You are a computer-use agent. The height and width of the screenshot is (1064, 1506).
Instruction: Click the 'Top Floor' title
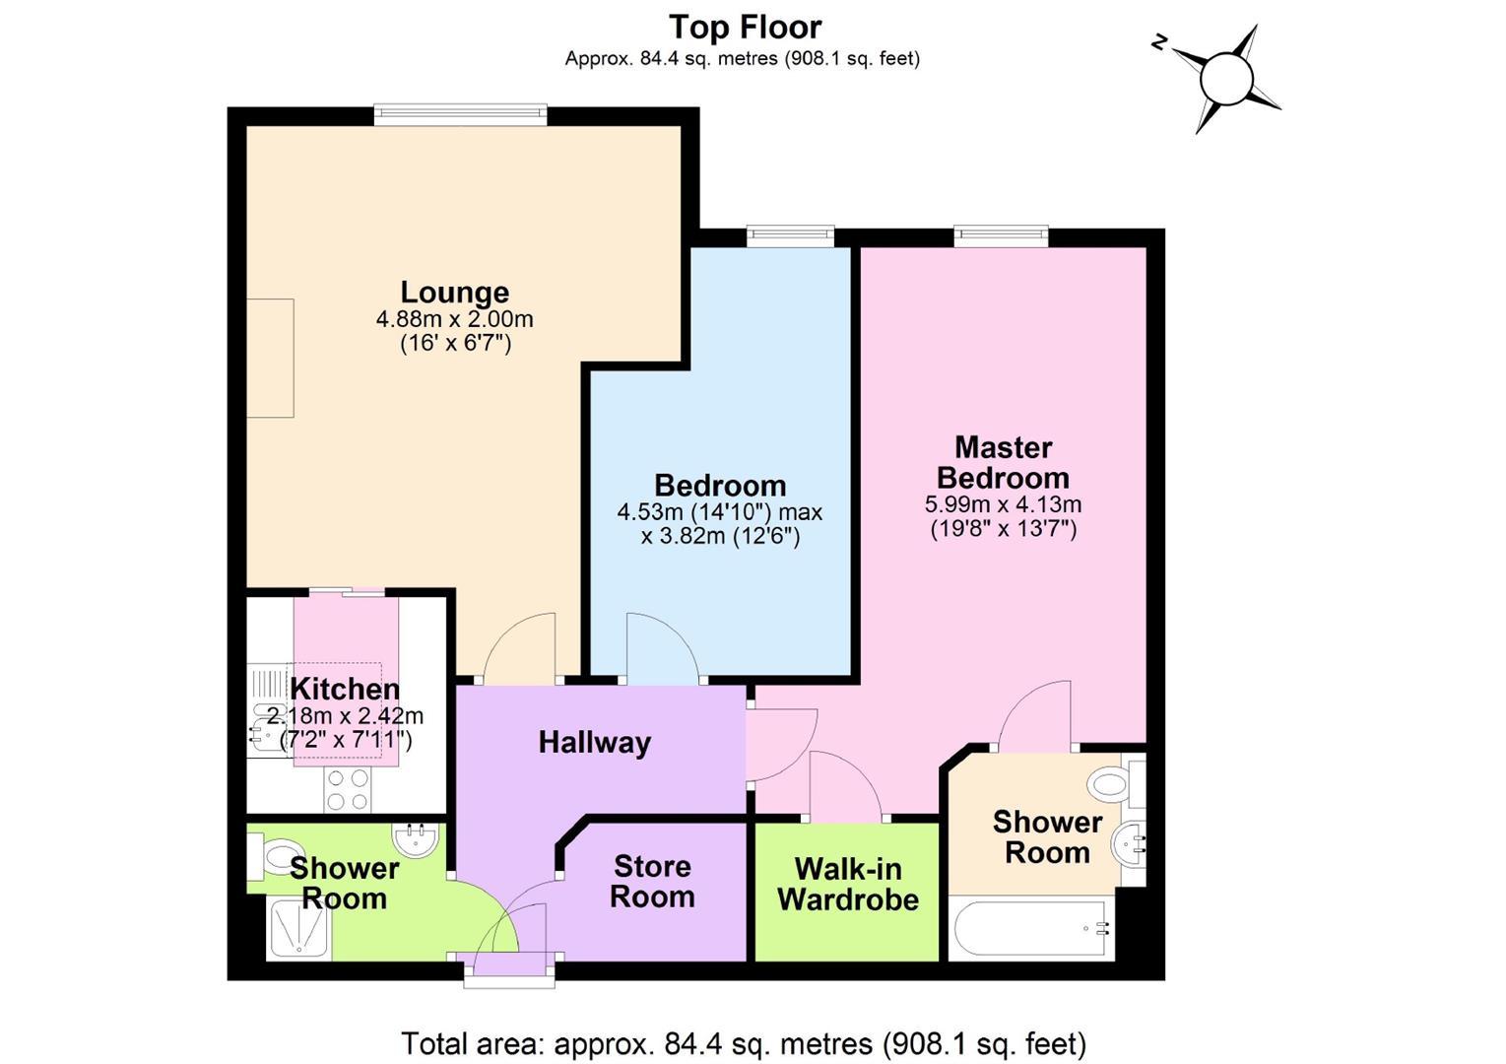(745, 28)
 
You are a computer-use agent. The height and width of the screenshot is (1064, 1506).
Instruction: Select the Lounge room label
(454, 293)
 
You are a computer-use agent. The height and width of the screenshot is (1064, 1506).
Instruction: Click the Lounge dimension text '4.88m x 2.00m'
(454, 319)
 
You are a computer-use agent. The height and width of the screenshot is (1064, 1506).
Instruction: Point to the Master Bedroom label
(1003, 463)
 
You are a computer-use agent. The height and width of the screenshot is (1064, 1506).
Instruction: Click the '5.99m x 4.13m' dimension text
(1003, 504)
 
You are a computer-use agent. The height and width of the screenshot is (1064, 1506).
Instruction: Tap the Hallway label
(595, 743)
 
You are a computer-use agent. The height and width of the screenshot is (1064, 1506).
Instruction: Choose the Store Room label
(652, 882)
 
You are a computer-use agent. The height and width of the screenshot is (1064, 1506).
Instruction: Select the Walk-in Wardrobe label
(848, 885)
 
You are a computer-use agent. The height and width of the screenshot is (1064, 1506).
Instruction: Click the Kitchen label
(345, 690)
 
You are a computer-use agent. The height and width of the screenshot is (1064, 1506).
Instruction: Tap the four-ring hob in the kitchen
(348, 790)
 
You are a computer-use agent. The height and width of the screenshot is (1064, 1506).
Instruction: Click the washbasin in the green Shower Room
(416, 840)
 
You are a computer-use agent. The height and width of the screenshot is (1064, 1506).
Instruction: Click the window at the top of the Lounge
(461, 114)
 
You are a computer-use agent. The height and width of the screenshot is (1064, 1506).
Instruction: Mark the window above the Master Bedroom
(1001, 236)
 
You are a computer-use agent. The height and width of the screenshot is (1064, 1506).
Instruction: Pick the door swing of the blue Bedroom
(663, 648)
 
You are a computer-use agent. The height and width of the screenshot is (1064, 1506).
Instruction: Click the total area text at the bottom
(744, 1044)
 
